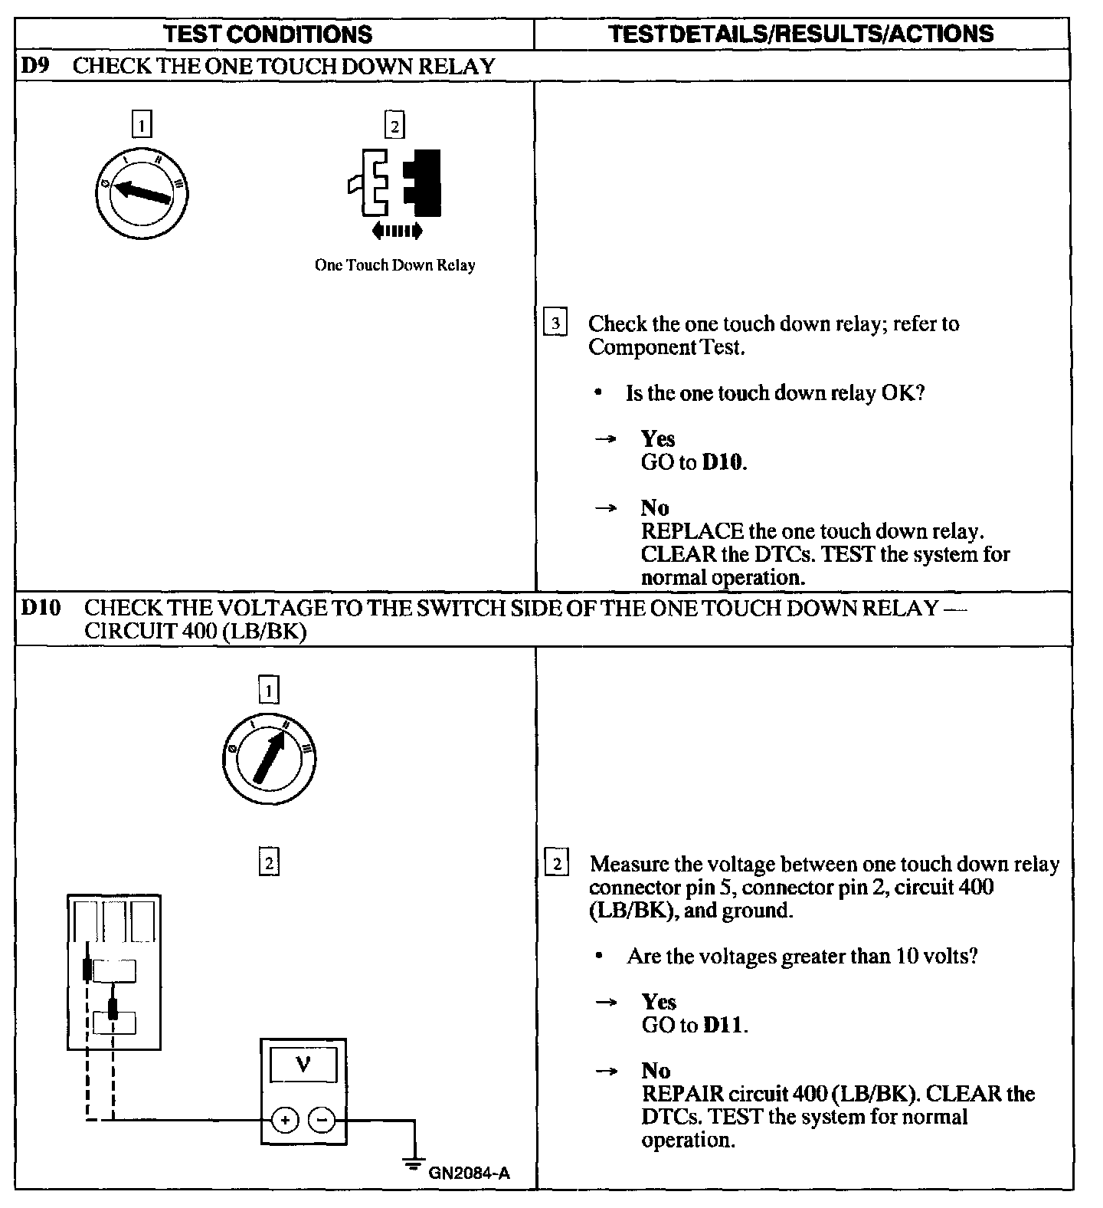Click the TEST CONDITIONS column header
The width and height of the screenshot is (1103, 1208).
coord(268,34)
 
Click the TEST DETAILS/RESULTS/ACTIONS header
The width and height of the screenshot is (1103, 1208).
coord(800,34)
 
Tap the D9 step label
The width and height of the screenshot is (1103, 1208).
coord(34,66)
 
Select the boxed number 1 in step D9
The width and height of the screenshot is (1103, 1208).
coord(142,124)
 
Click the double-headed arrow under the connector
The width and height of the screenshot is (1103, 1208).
coord(396,230)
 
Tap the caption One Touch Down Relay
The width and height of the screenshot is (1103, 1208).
coord(394,265)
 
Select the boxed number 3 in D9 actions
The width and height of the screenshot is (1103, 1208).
coord(555,323)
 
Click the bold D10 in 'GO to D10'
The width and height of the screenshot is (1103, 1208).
coord(722,463)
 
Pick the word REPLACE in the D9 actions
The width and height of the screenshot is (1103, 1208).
coord(692,531)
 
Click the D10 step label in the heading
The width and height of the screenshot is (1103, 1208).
coord(40,609)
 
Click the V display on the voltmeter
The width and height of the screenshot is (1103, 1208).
coord(303,1065)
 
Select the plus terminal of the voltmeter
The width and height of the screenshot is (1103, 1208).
coord(285,1121)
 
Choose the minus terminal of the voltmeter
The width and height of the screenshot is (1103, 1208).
coord(321,1121)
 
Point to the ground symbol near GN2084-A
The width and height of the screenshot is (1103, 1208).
coord(414,1166)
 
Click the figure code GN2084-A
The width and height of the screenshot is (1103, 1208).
coord(469,1173)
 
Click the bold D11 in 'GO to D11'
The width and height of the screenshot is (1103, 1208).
coord(723,1026)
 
